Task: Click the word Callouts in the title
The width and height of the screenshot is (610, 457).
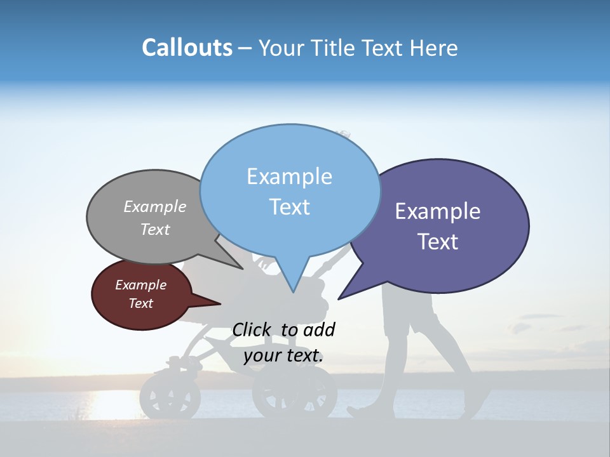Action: tap(187, 48)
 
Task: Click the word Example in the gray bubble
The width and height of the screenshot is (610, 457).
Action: tap(155, 207)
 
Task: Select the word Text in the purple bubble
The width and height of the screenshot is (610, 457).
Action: tap(438, 242)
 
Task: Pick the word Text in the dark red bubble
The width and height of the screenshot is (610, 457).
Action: tap(141, 303)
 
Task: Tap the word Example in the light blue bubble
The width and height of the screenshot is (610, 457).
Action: tap(289, 176)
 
